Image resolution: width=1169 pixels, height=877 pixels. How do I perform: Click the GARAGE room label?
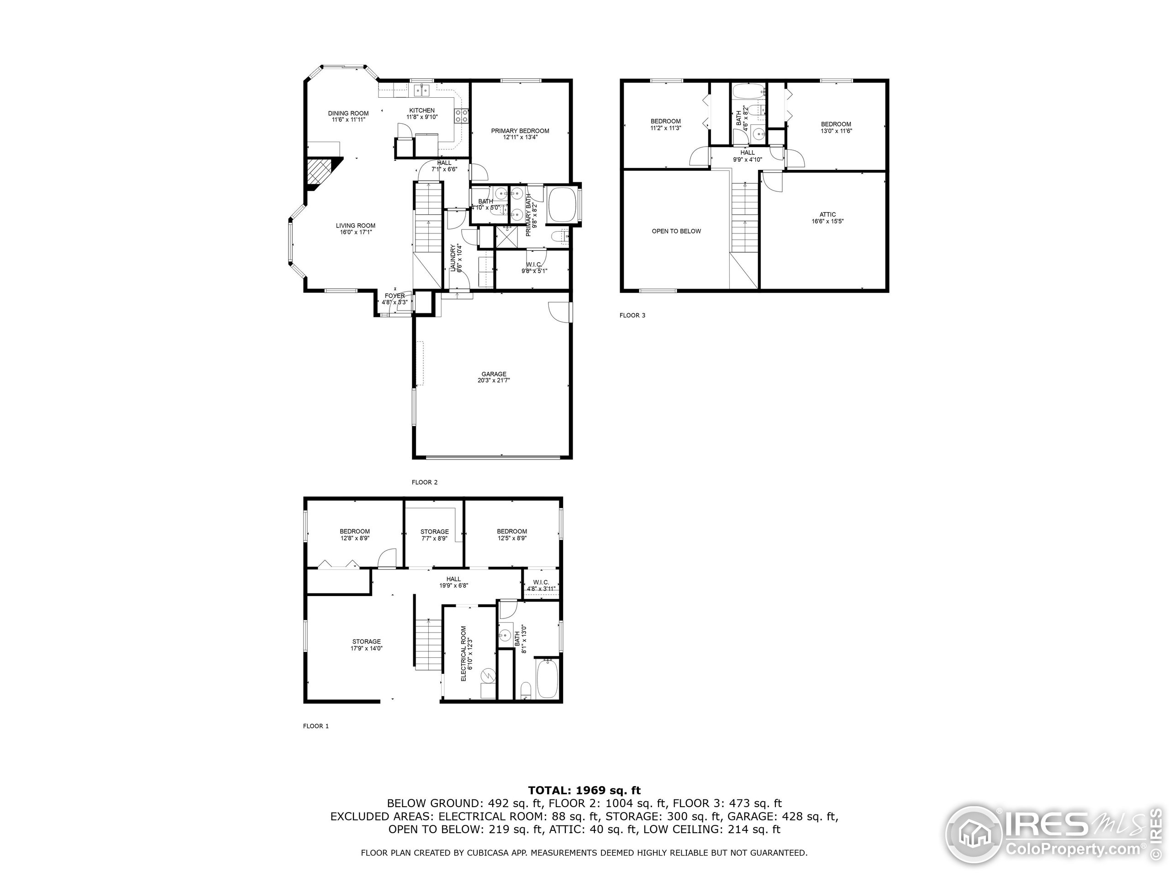[494, 374]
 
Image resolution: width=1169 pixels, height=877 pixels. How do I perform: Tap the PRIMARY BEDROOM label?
[520, 131]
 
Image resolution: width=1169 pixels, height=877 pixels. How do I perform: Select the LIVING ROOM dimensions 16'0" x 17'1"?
[356, 232]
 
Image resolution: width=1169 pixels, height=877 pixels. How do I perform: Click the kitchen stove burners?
[461, 116]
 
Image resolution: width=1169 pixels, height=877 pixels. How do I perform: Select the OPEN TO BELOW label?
[676, 231]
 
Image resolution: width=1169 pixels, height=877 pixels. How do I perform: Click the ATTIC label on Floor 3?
[827, 215]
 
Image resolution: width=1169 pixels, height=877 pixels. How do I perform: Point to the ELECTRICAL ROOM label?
[463, 653]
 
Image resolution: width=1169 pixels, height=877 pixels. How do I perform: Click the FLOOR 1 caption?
[316, 726]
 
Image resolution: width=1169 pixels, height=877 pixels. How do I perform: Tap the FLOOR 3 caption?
[632, 316]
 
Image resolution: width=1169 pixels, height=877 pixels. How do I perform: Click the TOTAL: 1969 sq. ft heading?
[584, 790]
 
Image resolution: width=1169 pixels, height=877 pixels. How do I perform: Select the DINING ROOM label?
[348, 113]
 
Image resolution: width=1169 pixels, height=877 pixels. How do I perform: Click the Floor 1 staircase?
[427, 645]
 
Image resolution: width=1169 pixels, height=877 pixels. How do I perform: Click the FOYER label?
[395, 296]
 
